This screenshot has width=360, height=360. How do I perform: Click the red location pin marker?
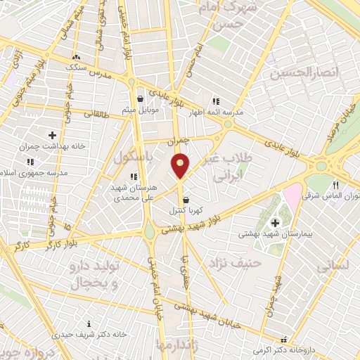(181, 165)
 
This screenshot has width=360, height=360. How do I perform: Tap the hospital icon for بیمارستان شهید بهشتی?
(274, 223)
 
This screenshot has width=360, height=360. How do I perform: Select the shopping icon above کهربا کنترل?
(186, 200)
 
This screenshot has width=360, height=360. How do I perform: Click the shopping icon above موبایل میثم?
(141, 99)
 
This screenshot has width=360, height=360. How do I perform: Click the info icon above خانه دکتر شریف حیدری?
(88, 324)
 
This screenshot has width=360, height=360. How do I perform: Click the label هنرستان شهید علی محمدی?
(133, 193)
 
